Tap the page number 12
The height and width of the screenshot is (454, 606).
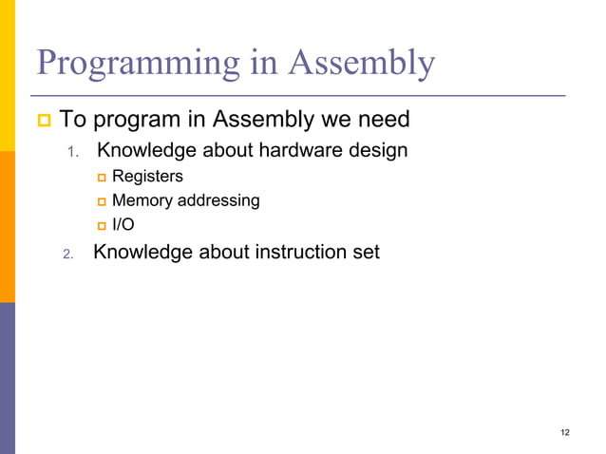(x=565, y=433)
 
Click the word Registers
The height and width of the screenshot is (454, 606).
(x=147, y=176)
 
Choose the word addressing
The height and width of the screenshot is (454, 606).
(x=219, y=200)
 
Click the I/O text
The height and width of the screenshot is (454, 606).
(x=123, y=225)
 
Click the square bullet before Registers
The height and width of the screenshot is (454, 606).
(x=102, y=177)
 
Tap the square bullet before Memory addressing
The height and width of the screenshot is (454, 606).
(x=102, y=201)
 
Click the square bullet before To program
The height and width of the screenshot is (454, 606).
(x=44, y=122)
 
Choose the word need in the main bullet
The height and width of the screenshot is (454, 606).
(x=382, y=121)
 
